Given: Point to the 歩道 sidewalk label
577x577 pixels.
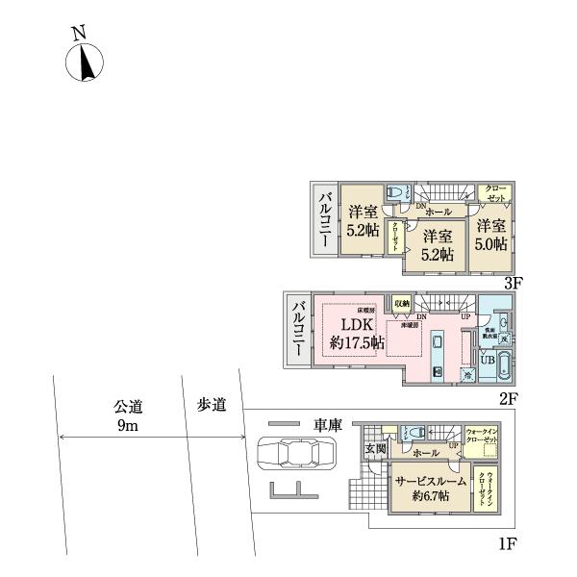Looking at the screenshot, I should [213, 406].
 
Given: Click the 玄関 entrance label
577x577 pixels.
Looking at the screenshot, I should [374, 449].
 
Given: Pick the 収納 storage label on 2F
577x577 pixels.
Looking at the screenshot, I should [401, 303].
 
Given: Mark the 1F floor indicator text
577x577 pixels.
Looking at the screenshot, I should [508, 544].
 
